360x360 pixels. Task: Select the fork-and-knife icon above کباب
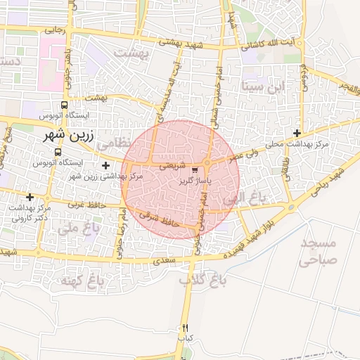(x=185, y=328)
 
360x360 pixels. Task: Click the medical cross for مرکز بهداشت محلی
(x=297, y=133)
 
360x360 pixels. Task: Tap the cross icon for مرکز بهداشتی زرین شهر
(x=105, y=166)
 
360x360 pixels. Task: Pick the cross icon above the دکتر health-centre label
(x=30, y=198)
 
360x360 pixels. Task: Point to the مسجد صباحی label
(x=319, y=251)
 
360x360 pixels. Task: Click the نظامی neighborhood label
(x=114, y=142)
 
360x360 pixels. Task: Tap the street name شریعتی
(x=173, y=167)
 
